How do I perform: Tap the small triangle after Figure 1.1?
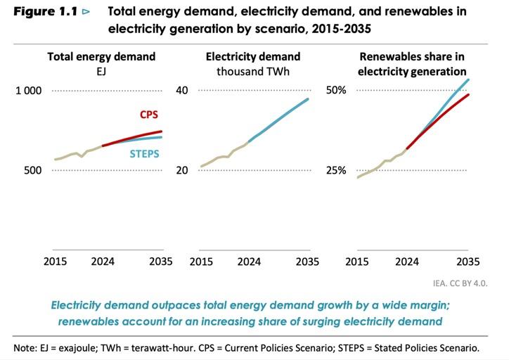tap(86, 12)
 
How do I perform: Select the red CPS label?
tap(148, 115)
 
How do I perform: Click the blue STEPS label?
tap(145, 154)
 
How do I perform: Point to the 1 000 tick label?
tap(29, 91)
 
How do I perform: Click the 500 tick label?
tap(32, 171)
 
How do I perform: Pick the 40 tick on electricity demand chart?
tap(182, 91)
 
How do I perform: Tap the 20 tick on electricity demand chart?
tap(182, 171)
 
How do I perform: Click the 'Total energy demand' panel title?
tap(101, 56)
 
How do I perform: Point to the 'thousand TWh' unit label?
tap(253, 71)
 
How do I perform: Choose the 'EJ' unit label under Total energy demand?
tap(101, 71)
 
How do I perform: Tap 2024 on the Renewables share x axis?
tap(406, 262)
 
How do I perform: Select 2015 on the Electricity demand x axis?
tap(202, 262)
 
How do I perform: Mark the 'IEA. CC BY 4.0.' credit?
tap(460, 283)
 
